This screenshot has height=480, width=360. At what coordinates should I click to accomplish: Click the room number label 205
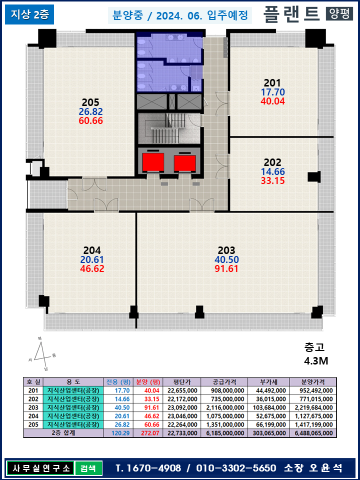90,102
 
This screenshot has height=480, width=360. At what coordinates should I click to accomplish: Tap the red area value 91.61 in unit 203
226,269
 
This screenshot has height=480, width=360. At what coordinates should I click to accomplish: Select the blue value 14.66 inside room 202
273,171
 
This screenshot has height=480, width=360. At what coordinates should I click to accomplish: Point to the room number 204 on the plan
92,250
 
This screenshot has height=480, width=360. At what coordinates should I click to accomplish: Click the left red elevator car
153,163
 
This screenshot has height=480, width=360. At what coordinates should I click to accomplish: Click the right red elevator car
184,163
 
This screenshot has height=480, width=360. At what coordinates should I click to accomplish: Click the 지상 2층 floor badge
29,15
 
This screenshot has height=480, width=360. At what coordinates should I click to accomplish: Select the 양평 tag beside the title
339,14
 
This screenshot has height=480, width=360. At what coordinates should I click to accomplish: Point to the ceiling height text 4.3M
316,361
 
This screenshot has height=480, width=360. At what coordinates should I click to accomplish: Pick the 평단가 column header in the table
182,381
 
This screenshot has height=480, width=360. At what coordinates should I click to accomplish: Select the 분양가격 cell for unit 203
313,407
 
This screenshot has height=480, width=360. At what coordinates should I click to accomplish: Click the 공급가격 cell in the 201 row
224,390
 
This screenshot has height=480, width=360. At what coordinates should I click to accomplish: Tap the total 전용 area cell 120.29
118,433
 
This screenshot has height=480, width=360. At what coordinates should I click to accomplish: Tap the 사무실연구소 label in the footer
39,468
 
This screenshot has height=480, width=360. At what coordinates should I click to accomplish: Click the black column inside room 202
314,177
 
